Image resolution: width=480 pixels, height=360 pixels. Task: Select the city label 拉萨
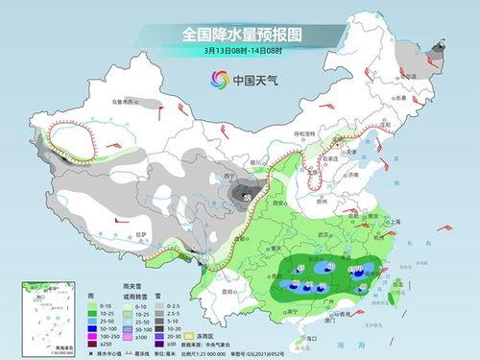(x=140, y=234)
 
